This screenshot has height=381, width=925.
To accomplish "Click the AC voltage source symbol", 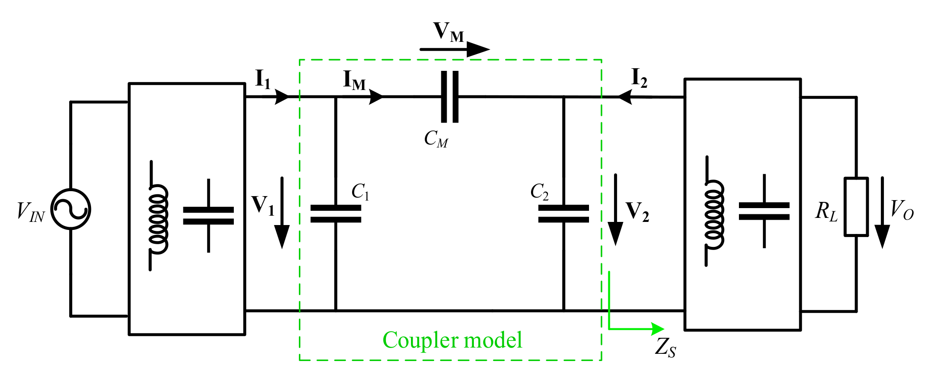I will [x=71, y=209].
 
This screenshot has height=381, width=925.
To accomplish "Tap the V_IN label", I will [x=30, y=212].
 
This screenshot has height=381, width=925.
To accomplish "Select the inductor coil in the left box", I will [x=158, y=217].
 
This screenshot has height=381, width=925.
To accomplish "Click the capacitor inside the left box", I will [x=208, y=216].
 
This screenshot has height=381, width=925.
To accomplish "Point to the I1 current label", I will [x=263, y=79].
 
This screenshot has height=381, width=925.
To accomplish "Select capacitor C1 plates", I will [x=336, y=214].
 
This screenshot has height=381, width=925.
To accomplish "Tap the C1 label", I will [x=360, y=192].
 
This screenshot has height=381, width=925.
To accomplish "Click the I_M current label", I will [x=354, y=81].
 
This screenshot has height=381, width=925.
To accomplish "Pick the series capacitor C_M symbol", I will [x=450, y=97].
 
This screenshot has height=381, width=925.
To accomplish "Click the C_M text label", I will [x=436, y=139].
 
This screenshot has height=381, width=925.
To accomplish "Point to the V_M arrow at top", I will [x=455, y=49].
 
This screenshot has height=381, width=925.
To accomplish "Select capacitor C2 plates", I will [x=564, y=214].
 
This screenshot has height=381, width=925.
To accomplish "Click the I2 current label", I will [x=639, y=78].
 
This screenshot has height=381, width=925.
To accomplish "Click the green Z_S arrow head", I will [x=658, y=329].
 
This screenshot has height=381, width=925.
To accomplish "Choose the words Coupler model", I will [x=452, y=340].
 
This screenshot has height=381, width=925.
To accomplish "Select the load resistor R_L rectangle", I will [x=856, y=207].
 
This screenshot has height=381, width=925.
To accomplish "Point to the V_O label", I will [x=902, y=209].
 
